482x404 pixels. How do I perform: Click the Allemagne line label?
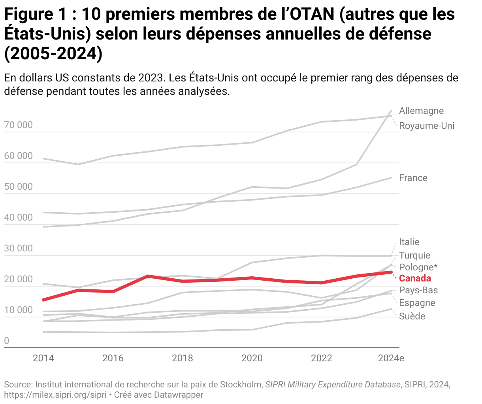click(x=421, y=111)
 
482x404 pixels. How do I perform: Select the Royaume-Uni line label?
click(x=427, y=126)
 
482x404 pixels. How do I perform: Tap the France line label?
click(x=413, y=178)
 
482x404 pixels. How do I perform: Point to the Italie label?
click(x=409, y=242)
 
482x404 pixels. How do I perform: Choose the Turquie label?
click(x=414, y=255)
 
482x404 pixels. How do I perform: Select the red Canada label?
click(x=415, y=278)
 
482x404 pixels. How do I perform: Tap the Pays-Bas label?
click(x=418, y=290)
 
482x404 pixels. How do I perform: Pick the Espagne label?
click(x=417, y=303)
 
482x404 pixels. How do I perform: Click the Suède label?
click(x=412, y=316)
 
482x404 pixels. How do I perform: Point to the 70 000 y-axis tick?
click(x=19, y=125)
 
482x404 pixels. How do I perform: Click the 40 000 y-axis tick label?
click(x=19, y=218)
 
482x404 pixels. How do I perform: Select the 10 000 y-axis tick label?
click(x=19, y=310)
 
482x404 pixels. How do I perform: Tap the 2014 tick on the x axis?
click(x=43, y=358)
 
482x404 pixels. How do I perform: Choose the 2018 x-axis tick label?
click(x=183, y=358)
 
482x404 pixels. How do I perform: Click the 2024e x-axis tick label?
click(x=391, y=358)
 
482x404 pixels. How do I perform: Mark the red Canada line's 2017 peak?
click(x=147, y=276)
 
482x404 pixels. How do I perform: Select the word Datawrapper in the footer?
click(x=179, y=395)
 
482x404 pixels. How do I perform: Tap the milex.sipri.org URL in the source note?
click(x=55, y=395)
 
